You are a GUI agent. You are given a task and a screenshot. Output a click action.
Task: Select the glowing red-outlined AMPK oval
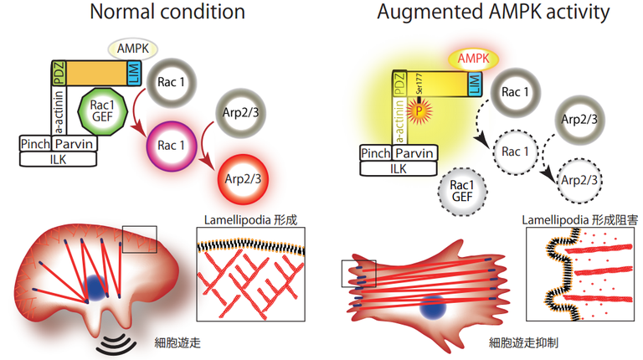point(475,59)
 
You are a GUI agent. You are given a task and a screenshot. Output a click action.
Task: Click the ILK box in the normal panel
point(58,159)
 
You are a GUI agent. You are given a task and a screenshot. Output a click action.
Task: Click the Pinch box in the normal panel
point(36,144)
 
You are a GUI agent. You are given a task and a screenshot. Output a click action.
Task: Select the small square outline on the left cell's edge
point(137,239)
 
